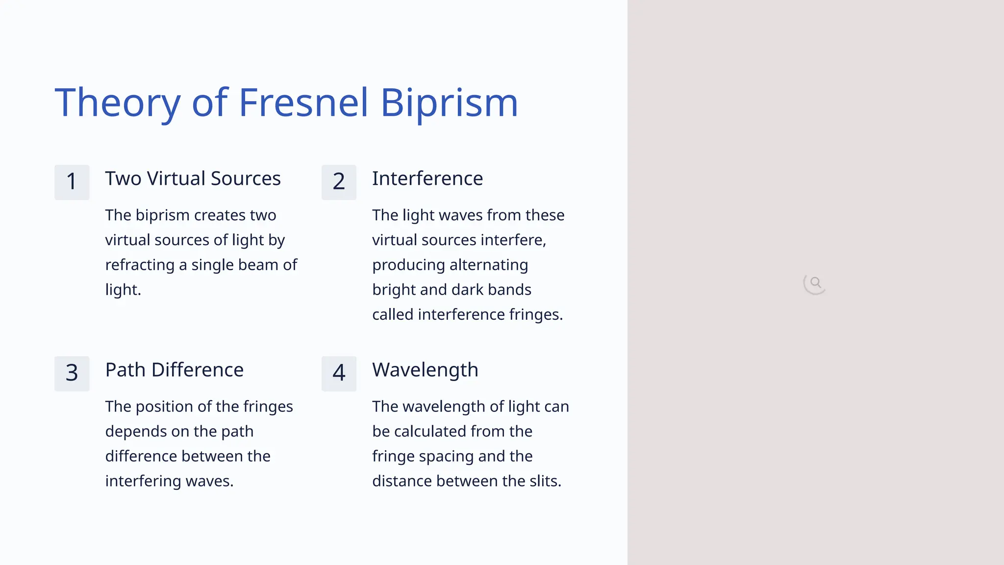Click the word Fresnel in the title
click(303, 103)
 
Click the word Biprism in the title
click(449, 103)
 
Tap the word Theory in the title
click(118, 103)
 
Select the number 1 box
click(72, 182)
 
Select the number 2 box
click(339, 182)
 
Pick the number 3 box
click(72, 373)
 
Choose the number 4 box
click(339, 373)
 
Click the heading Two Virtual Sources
click(193, 179)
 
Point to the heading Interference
click(427, 179)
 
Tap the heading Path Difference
click(174, 370)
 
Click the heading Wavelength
click(425, 370)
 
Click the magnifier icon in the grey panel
click(815, 283)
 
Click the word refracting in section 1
click(140, 265)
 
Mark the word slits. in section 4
click(545, 481)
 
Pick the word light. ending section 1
click(123, 290)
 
